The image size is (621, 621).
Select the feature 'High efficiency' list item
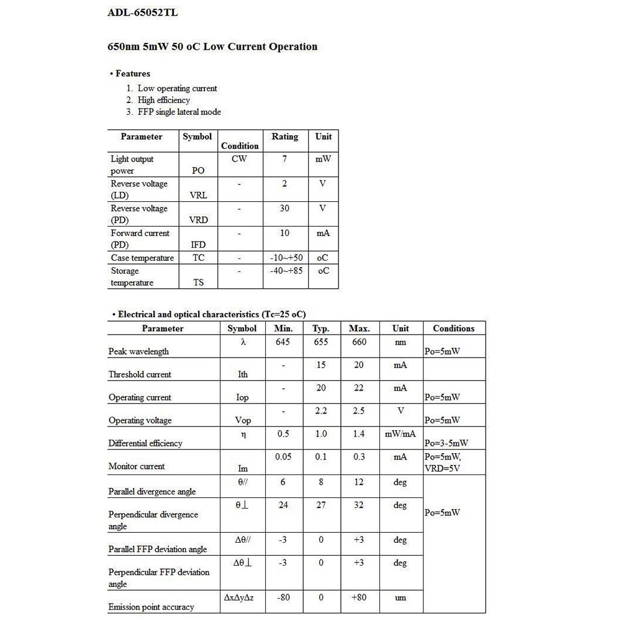click(x=163, y=100)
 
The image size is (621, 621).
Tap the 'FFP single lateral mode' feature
click(x=179, y=112)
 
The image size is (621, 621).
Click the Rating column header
click(x=284, y=137)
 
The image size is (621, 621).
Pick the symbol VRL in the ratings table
click(x=198, y=195)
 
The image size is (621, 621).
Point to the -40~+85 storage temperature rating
click(x=286, y=271)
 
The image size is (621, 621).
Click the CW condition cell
click(x=239, y=159)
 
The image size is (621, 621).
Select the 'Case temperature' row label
click(x=142, y=258)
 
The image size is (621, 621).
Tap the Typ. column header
click(x=320, y=329)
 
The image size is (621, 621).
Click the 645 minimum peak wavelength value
click(x=283, y=342)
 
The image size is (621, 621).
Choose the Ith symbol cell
click(x=242, y=374)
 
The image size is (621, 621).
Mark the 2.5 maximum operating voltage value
click(x=359, y=411)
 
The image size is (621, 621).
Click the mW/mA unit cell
click(x=401, y=434)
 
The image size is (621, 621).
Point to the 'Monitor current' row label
click(x=137, y=466)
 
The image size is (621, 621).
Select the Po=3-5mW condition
click(x=446, y=443)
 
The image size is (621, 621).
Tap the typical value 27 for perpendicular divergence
click(x=320, y=505)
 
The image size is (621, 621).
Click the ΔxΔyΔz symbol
click(x=242, y=597)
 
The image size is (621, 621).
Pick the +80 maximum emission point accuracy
click(x=359, y=597)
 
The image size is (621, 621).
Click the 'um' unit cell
click(x=401, y=597)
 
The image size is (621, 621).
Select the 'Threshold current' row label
click(x=140, y=374)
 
